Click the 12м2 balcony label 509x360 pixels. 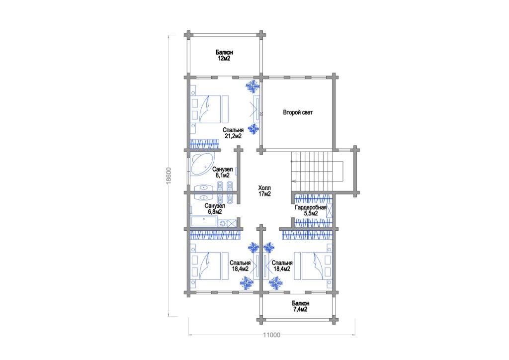coord(224,56)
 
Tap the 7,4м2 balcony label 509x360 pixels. coord(300,306)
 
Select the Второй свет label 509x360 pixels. coord(298,113)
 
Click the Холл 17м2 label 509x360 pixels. coord(264,191)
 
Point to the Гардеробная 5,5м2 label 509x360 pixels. coord(311,210)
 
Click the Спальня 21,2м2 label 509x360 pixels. coord(233,133)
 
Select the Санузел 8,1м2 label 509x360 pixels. coord(222,173)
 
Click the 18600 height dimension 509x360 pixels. coord(169,176)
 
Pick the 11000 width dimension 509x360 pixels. coord(272,335)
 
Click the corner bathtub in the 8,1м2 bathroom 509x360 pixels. coord(202,164)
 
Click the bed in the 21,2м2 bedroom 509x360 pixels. coord(209,109)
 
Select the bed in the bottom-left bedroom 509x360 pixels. coord(209,266)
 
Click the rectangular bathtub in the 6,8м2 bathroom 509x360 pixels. coord(203,222)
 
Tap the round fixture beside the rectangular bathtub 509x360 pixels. coord(223,223)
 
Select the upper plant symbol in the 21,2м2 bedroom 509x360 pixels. coord(253,87)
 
